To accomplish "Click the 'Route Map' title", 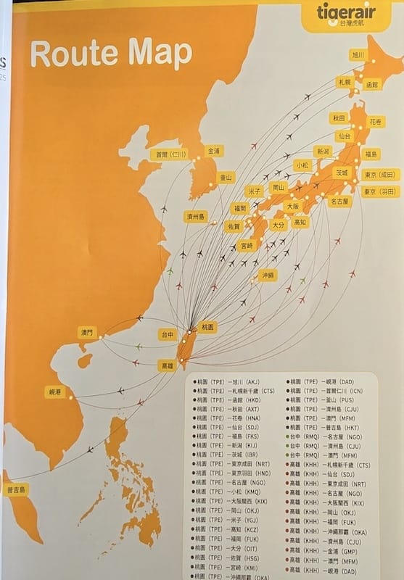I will point(111,54).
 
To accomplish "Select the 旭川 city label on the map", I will point(358,54).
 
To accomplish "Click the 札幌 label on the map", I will point(343,82).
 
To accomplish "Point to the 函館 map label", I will point(371,84).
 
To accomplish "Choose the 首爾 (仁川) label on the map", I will point(169,154).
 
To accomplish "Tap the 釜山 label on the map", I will point(226,177).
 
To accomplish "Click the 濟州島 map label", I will point(195,216).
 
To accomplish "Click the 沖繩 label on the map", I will point(268,275).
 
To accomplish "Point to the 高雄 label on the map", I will point(167,365).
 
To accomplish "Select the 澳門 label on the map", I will point(87,332).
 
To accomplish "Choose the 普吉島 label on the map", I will point(16,489).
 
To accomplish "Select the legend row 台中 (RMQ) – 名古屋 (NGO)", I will point(325,438).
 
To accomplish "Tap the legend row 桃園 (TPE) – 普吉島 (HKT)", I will point(323,428).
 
